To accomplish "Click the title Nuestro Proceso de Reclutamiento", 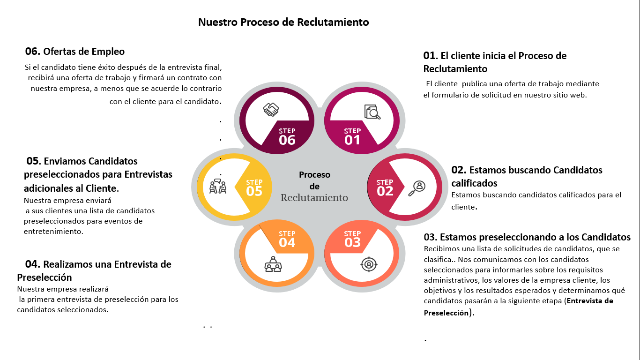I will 283,22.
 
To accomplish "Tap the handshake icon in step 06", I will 271,110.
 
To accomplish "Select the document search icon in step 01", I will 372,112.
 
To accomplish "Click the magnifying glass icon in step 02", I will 417,188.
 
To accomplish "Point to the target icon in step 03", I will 369,264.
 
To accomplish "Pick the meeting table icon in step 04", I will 273,264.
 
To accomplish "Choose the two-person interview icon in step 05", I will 218,186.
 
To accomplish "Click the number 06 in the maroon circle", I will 287,140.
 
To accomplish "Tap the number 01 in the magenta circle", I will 352,140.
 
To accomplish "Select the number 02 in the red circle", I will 385,191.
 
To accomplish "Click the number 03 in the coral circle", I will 352,242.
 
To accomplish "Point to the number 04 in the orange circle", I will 287,242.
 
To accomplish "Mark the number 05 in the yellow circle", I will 254,191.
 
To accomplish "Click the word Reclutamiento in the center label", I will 314,198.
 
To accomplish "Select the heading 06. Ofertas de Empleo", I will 75,51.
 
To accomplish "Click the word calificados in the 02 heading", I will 474,183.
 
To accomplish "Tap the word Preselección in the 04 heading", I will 45,277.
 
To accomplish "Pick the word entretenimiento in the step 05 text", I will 53,231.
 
